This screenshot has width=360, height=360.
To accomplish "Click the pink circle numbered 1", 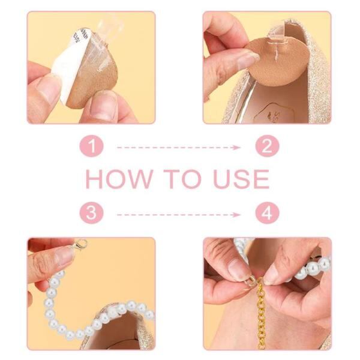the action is point(92,146).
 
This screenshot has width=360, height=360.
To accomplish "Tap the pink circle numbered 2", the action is point(267,146).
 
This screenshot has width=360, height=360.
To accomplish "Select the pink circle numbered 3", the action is point(92,212).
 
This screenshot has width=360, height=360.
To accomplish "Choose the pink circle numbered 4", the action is point(267,212).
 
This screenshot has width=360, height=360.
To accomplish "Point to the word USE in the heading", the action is point(241,179).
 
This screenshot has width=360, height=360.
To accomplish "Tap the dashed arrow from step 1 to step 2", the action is point(179,148).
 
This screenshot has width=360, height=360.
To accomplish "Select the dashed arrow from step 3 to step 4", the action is point(179,215).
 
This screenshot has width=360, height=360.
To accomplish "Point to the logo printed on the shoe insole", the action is point(274,113).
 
